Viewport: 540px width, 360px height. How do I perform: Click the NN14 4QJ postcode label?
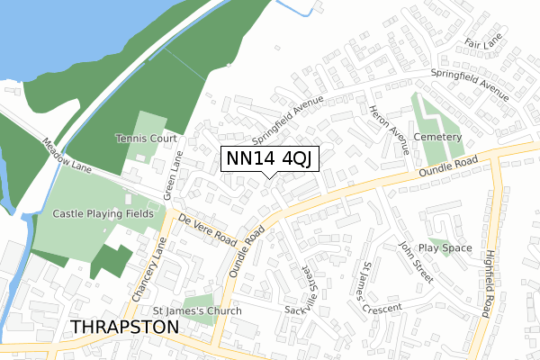click(x=271, y=158)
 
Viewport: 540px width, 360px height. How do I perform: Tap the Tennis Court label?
click(x=145, y=139)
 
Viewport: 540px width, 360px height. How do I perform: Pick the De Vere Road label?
click(x=207, y=231)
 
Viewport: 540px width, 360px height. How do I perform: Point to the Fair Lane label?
click(x=483, y=42)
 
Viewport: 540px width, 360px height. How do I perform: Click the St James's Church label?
click(x=197, y=311)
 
